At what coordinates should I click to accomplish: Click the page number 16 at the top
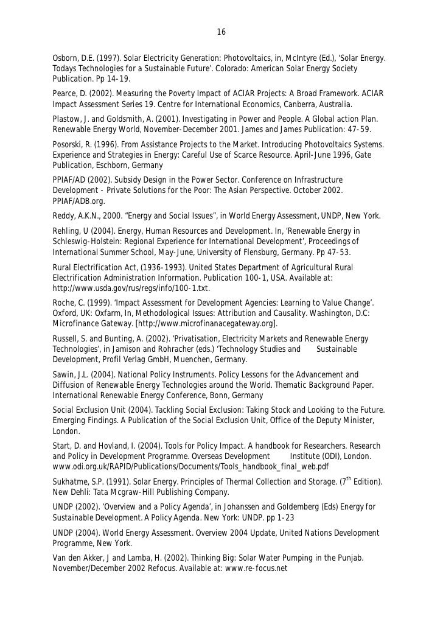(x=221, y=32)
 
